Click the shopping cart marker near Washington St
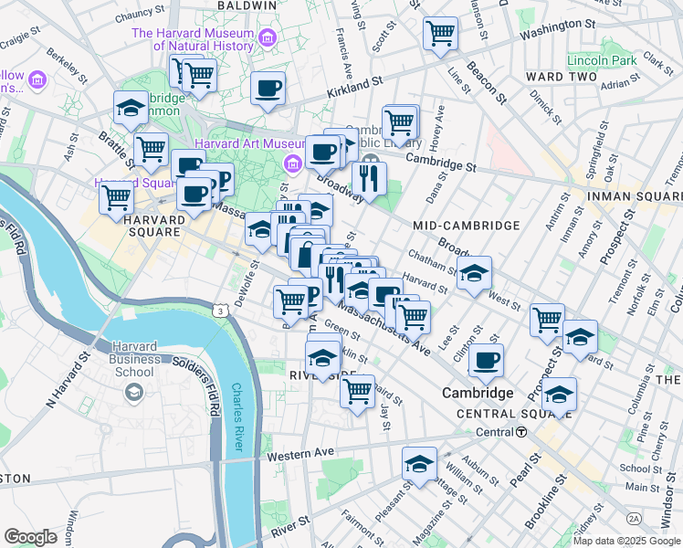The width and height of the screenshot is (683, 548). [441, 34]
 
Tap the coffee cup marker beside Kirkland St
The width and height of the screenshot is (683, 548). [268, 89]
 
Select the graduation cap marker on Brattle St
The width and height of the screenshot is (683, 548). [131, 109]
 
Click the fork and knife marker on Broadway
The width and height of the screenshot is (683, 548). [369, 176]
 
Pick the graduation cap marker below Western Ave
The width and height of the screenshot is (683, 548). [420, 464]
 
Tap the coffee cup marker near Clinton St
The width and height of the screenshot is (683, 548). [486, 360]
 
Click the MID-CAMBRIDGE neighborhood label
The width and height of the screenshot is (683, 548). [467, 225]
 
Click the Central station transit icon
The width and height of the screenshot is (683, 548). [520, 432]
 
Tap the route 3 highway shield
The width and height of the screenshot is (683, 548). [220, 311]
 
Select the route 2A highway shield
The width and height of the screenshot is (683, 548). [633, 518]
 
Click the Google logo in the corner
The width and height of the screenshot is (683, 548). [30, 536]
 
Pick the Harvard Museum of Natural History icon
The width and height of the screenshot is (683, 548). [268, 38]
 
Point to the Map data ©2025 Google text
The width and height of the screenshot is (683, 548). [626, 541]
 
